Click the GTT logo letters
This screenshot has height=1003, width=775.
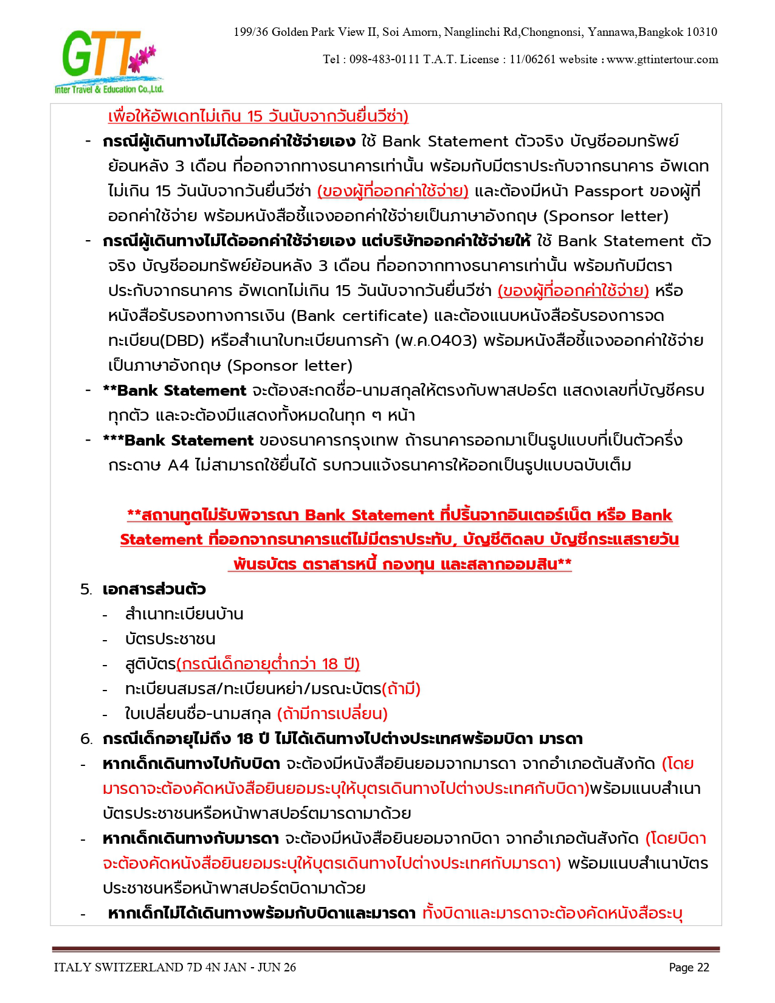(x=97, y=55)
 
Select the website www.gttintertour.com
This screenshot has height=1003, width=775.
(x=663, y=60)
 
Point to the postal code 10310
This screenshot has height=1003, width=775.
(x=701, y=32)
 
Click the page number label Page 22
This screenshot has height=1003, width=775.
(x=689, y=967)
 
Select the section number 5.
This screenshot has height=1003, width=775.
(x=86, y=590)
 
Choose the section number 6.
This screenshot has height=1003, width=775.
(x=86, y=739)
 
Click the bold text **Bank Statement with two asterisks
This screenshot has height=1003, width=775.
(x=174, y=390)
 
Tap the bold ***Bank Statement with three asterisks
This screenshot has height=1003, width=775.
(x=178, y=440)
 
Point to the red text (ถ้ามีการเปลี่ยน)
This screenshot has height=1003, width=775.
(x=332, y=714)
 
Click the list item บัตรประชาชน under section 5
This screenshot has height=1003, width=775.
(x=170, y=639)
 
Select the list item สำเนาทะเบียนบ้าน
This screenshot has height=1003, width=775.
(x=184, y=614)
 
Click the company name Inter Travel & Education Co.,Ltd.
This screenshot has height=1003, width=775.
(x=109, y=89)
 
